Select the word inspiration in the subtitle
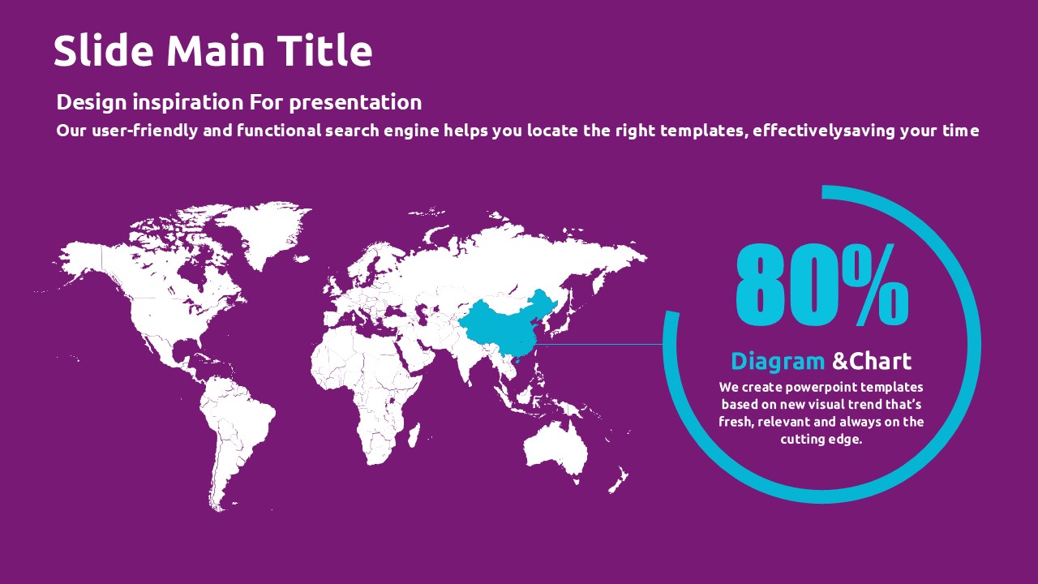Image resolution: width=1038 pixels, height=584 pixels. click(x=187, y=102)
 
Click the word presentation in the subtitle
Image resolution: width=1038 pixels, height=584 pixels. click(x=355, y=102)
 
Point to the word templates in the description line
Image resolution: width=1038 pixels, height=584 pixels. click(x=704, y=131)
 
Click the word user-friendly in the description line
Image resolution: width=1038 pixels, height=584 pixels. click(x=145, y=131)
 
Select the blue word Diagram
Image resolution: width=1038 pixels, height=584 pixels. click(x=778, y=361)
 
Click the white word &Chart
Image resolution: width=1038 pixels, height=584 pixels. click(x=872, y=361)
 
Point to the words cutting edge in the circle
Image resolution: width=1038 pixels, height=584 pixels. click(x=821, y=440)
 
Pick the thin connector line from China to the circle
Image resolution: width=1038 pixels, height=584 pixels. click(x=598, y=345)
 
